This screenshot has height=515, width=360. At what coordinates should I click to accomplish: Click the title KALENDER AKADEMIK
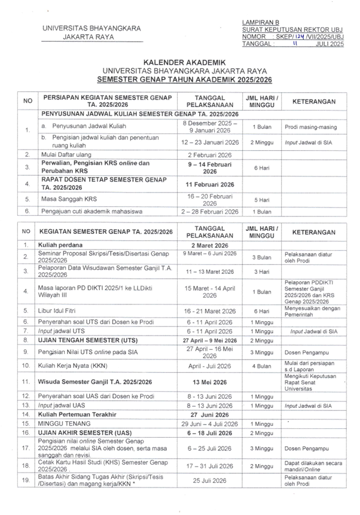click(x=179, y=62)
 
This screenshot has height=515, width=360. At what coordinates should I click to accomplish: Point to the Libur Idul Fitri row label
click(x=64, y=311)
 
